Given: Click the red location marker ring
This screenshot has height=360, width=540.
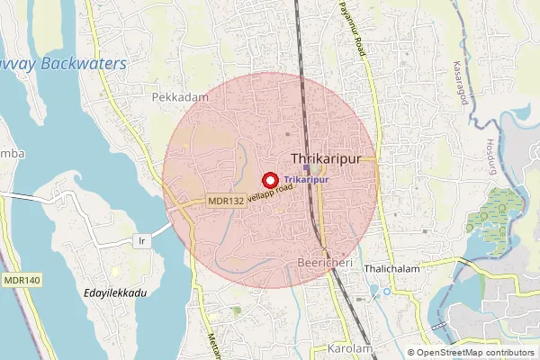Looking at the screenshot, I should [x=269, y=180].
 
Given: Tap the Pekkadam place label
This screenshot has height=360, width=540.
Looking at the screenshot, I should [x=180, y=97].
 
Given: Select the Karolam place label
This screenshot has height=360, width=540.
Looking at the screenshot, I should [x=350, y=348].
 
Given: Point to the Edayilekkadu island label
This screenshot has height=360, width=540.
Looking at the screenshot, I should [x=115, y=292].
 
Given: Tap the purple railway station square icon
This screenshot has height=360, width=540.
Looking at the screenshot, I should [x=307, y=168].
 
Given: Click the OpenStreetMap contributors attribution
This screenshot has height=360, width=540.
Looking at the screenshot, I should [x=472, y=353].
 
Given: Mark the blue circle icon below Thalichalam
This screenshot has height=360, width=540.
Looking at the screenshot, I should [x=386, y=291].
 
